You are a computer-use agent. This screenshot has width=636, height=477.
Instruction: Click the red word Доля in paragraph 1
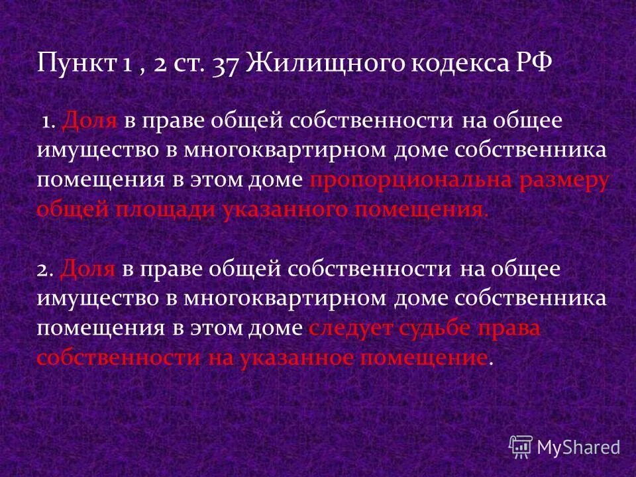coord(89,121)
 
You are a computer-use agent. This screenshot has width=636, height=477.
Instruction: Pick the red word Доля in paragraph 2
coord(89,270)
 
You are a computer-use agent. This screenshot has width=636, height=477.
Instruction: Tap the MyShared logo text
coord(578,447)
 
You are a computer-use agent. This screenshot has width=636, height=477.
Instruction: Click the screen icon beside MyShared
coord(521,447)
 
